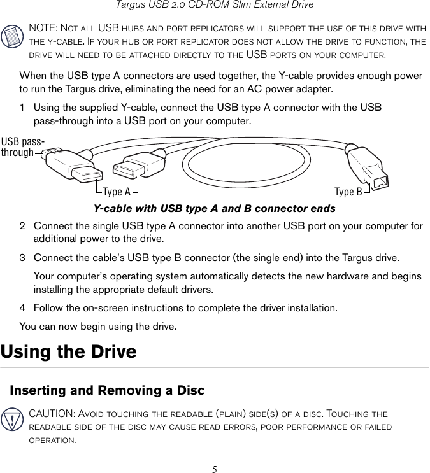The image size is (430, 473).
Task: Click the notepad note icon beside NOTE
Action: coord(13,38)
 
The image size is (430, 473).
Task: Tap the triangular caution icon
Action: coord(13,421)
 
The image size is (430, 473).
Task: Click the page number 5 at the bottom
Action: coord(215,470)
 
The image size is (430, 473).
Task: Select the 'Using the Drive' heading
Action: coord(69,351)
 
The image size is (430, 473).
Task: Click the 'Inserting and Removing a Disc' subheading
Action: coord(107,390)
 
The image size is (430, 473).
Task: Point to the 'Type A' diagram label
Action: coord(117,192)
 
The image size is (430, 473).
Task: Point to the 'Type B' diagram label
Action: coord(348,192)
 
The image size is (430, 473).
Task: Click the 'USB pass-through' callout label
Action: coord(22,146)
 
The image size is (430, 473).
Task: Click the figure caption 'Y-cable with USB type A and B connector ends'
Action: coord(214,209)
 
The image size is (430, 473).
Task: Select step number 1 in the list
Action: coord(22,108)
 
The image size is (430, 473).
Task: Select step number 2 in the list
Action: coord(22,226)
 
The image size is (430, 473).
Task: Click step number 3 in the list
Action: coord(22,258)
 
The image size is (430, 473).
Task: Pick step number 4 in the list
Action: coord(22,308)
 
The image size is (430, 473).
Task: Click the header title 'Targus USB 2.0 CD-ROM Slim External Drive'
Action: coord(214,5)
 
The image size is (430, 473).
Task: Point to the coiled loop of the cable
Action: coord(248,162)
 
